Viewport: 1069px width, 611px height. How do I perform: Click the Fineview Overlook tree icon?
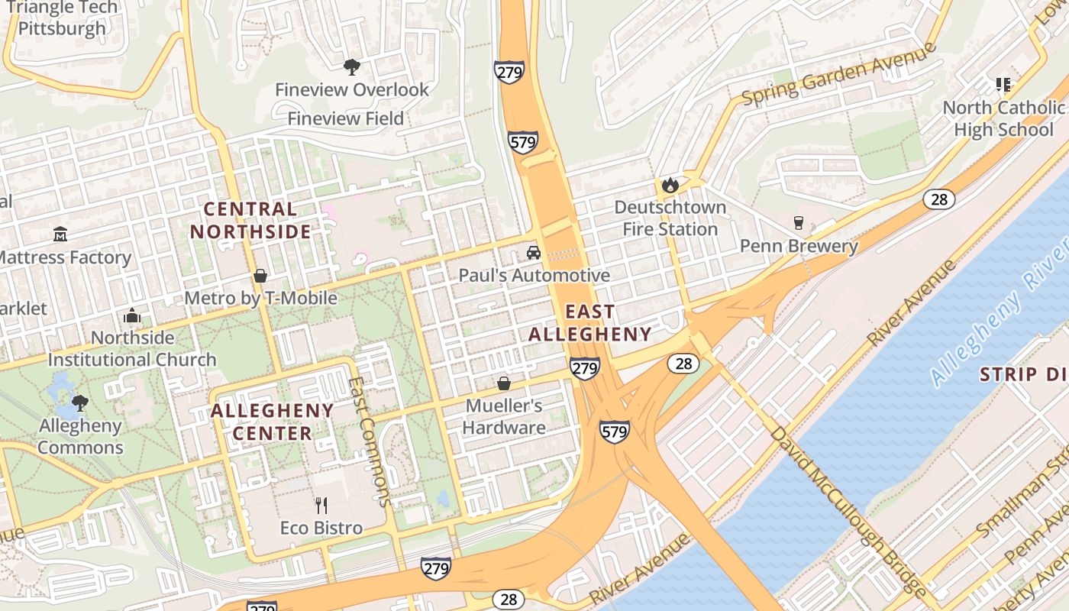tap(351, 67)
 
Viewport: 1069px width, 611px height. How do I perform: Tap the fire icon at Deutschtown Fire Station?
tap(670, 185)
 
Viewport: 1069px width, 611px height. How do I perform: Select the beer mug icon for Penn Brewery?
tap(799, 223)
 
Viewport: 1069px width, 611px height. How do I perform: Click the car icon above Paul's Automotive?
tap(534, 253)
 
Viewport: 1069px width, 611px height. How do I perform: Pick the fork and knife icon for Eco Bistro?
tap(321, 505)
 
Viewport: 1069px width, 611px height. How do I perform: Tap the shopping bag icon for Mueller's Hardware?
tap(504, 383)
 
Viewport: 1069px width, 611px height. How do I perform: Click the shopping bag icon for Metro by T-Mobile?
tap(260, 275)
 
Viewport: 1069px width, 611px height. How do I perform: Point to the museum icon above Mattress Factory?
tap(60, 234)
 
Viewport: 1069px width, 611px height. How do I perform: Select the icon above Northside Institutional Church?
tap(132, 315)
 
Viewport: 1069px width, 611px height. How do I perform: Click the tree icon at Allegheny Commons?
tap(79, 402)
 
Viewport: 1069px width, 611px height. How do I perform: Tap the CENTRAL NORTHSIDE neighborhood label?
tap(250, 220)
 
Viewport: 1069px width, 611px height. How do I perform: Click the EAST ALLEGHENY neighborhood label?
tap(590, 322)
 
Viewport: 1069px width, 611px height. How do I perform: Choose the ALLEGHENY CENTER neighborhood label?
tap(273, 422)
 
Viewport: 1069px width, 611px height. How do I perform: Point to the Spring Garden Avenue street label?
tap(838, 74)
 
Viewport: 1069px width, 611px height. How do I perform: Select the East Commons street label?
tap(370, 443)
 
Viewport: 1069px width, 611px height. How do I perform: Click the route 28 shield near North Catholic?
tap(938, 199)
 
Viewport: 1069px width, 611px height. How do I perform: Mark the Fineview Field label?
tap(345, 118)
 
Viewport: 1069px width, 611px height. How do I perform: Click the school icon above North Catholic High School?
tap(1003, 85)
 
